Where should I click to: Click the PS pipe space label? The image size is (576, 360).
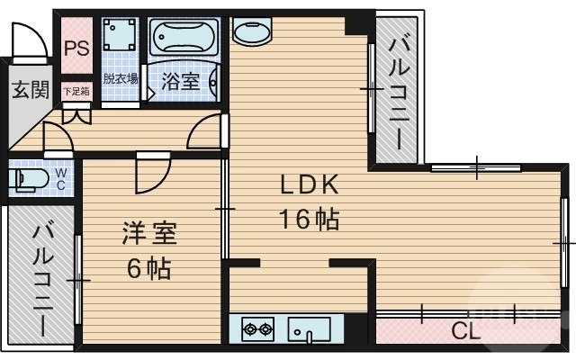click(76, 48)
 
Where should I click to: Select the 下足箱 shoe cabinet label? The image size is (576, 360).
click(76, 91)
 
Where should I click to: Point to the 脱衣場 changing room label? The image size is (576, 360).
click(121, 79)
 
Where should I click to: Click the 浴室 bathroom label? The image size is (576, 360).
click(180, 81)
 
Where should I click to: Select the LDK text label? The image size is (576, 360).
click(309, 186)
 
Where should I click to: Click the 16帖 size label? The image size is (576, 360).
click(309, 218)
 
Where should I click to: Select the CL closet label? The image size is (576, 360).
click(465, 330)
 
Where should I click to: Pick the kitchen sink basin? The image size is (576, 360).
click(310, 329)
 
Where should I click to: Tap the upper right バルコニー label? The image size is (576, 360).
click(398, 90)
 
